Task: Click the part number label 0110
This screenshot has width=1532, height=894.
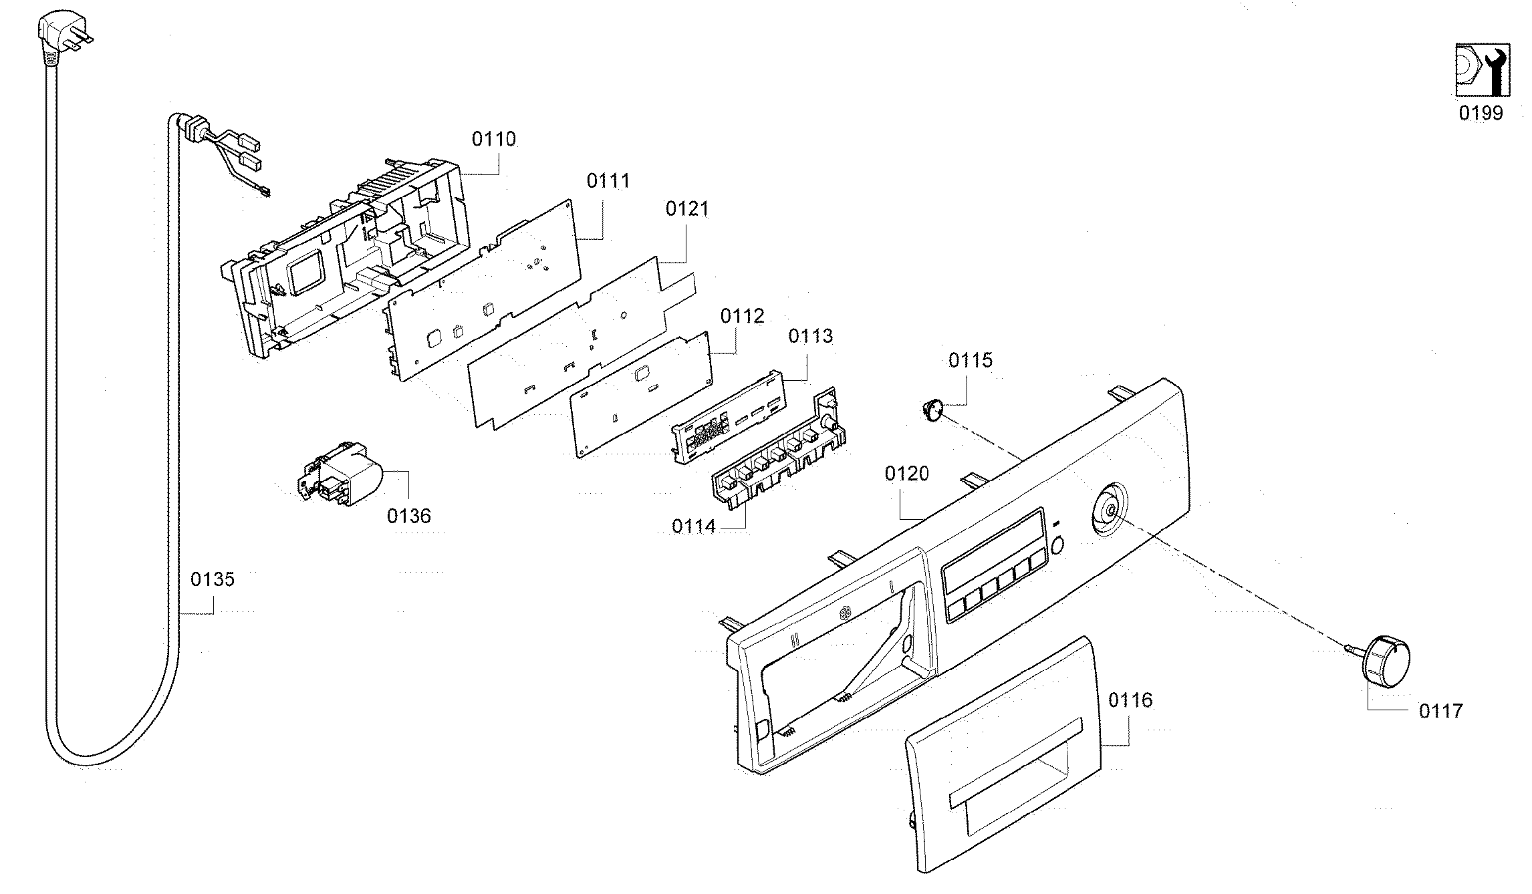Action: (494, 139)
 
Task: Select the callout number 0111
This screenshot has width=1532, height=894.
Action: (608, 180)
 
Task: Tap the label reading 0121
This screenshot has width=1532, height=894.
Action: (687, 208)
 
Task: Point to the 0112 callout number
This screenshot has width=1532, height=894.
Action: (743, 315)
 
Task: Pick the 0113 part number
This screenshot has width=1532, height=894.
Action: (811, 335)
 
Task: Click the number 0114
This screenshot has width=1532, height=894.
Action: (694, 527)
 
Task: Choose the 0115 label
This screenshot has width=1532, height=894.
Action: (971, 360)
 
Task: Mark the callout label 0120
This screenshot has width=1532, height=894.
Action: (907, 474)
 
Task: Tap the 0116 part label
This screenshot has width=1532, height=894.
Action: (1130, 700)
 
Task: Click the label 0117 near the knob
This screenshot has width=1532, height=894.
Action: (1441, 710)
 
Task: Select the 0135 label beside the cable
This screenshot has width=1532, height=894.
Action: (213, 579)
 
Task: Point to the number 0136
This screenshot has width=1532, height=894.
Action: (409, 515)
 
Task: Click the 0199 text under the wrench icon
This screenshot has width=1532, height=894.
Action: (1481, 113)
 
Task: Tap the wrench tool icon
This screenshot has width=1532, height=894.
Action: (1481, 70)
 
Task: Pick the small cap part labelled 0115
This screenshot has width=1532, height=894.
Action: (931, 407)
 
